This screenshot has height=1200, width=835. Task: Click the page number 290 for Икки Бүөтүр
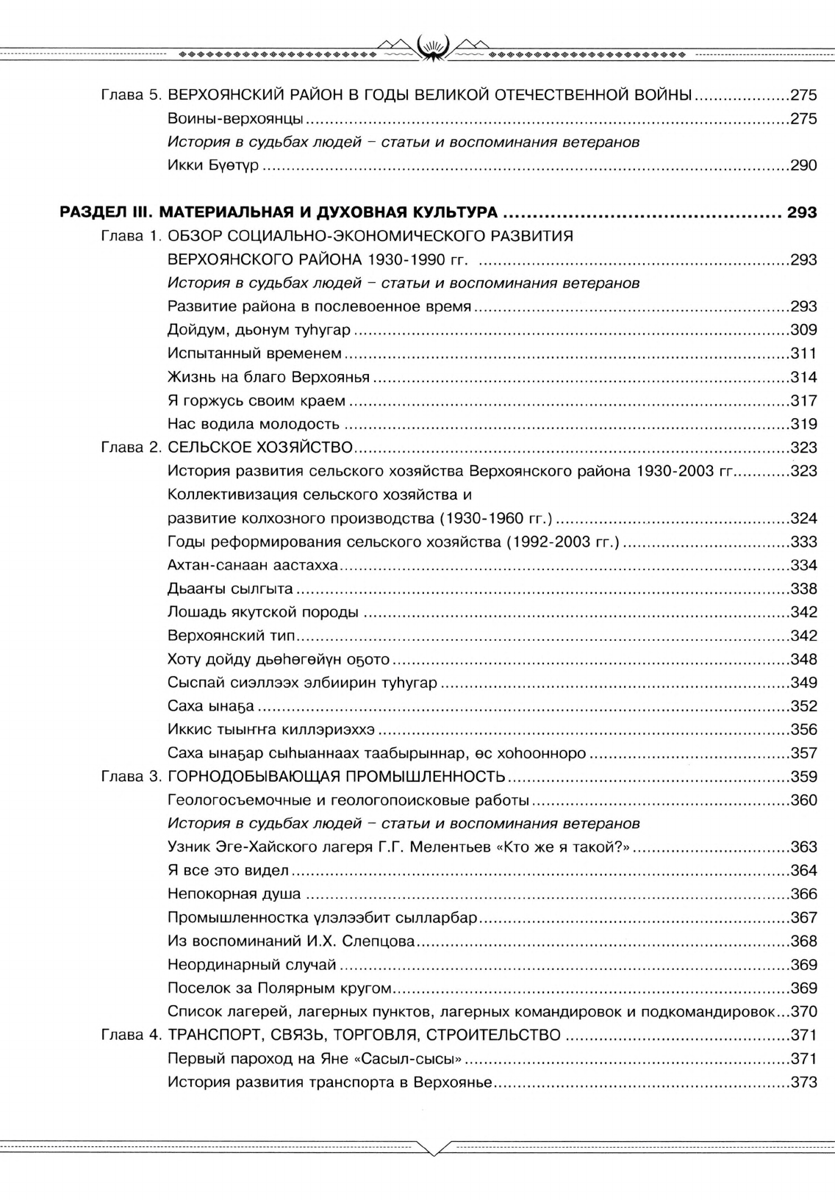pyautogui.click(x=803, y=166)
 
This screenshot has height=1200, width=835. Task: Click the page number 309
pyautogui.click(x=803, y=330)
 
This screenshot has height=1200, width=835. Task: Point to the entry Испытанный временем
pyautogui.click(x=254, y=353)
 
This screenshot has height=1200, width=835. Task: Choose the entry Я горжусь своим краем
pyautogui.click(x=256, y=400)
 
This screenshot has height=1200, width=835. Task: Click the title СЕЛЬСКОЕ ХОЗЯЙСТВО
pyautogui.click(x=260, y=448)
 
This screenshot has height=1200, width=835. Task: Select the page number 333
pyautogui.click(x=803, y=542)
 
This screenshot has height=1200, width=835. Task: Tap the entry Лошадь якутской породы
pyautogui.click(x=262, y=612)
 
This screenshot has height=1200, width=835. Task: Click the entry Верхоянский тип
pyautogui.click(x=231, y=636)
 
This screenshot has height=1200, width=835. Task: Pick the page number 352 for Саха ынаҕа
pyautogui.click(x=803, y=706)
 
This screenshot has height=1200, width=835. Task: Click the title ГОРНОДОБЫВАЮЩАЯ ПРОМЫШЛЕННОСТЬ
pyautogui.click(x=336, y=777)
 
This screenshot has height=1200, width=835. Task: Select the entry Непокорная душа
pyautogui.click(x=234, y=894)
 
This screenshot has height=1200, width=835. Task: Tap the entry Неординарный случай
pyautogui.click(x=251, y=965)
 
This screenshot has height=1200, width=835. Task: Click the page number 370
pyautogui.click(x=803, y=1012)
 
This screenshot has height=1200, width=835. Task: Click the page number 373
pyautogui.click(x=803, y=1082)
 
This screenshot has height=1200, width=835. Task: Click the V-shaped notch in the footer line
pyautogui.click(x=434, y=1149)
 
